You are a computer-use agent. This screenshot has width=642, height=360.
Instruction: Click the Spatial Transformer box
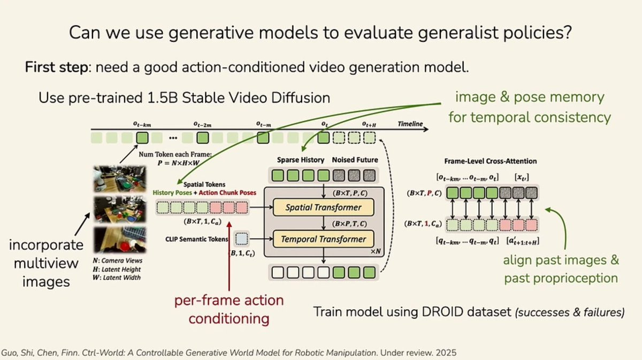point(323,208)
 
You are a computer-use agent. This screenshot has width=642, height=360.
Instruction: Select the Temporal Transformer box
point(323,239)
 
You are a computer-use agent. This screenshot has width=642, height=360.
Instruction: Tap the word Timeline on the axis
point(410,124)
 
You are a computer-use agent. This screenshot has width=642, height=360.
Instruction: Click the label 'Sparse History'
point(301,160)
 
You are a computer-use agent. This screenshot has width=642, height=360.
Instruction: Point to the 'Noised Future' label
point(355,160)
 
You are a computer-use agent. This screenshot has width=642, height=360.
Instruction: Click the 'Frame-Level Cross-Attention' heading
point(491,161)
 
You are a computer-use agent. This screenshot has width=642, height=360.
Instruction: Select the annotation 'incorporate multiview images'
point(46,263)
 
